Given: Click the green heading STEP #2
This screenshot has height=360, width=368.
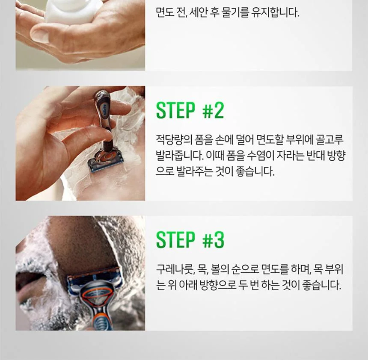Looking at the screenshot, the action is [x=190, y=110].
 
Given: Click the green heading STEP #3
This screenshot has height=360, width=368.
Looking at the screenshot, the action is [x=190, y=240].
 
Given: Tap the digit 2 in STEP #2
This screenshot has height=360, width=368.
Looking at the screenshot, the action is [x=219, y=110].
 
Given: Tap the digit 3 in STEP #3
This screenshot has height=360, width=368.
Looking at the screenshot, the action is [x=219, y=240].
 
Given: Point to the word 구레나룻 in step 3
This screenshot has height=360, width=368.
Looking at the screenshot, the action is [x=175, y=269].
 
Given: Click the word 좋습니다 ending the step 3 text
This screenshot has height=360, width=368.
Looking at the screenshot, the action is [x=321, y=285].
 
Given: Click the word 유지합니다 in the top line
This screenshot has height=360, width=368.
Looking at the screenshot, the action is [x=275, y=12].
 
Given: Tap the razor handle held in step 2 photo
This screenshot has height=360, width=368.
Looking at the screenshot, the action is [x=103, y=120].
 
